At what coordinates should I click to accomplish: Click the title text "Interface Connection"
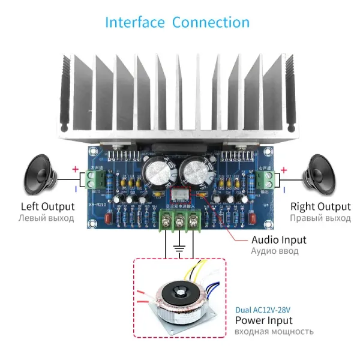click(177, 23)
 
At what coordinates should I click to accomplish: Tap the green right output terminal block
click(266, 178)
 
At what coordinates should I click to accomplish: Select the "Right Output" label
click(319, 206)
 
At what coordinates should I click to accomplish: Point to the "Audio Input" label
click(278, 239)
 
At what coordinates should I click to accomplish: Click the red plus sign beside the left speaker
click(75, 170)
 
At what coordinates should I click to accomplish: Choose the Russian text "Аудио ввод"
click(274, 251)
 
